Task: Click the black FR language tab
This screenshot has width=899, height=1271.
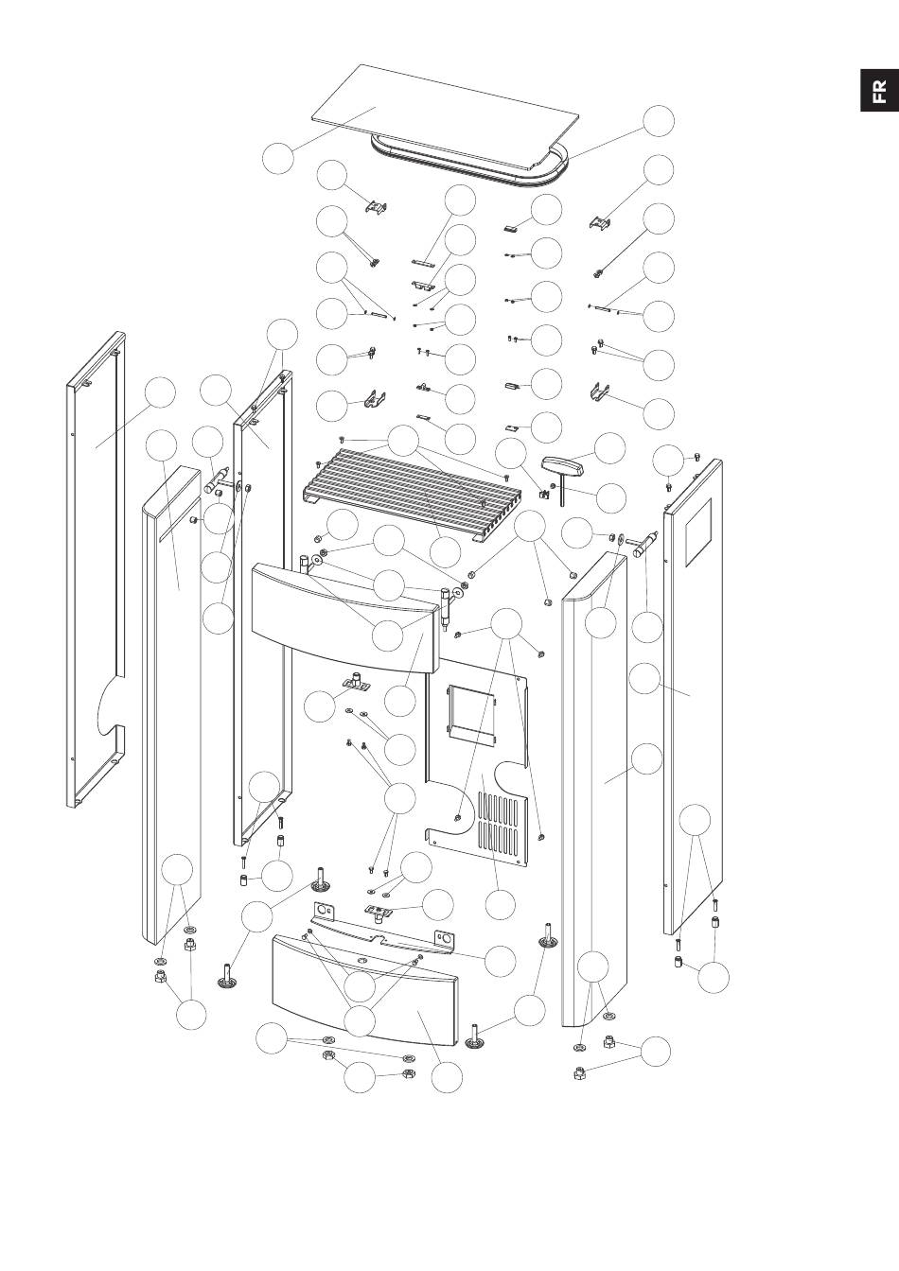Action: pyautogui.click(x=879, y=90)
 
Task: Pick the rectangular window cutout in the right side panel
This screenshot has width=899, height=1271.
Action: pyautogui.click(x=698, y=532)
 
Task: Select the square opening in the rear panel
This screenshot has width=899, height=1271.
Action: pyautogui.click(x=472, y=714)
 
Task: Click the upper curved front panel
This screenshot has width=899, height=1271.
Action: pyautogui.click(x=344, y=619)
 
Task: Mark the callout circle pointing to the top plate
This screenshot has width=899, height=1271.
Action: pyautogui.click(x=278, y=159)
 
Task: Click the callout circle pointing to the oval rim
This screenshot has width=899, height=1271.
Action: pyautogui.click(x=659, y=121)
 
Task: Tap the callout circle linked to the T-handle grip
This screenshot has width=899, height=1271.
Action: pyautogui.click(x=610, y=448)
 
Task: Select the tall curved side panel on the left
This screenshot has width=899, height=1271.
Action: pyautogui.click(x=171, y=705)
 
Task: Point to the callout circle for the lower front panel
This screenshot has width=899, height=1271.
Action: pyautogui.click(x=447, y=1077)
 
